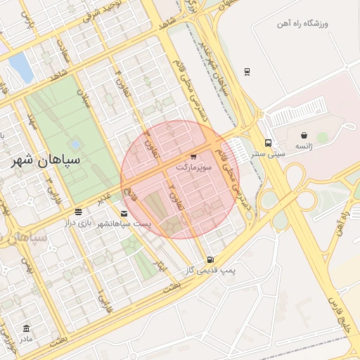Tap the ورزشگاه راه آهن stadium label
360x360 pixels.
(x=304, y=24)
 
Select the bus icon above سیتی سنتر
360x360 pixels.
(x=268, y=143)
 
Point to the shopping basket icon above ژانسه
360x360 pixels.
(x=304, y=135)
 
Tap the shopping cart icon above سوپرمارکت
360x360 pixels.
(x=193, y=157)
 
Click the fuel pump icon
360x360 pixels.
(x=210, y=259)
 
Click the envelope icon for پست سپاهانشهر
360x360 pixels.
(x=124, y=213)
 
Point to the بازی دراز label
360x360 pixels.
(x=78, y=223)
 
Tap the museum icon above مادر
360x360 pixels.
(x=27, y=328)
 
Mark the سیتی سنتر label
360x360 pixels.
(x=268, y=153)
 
